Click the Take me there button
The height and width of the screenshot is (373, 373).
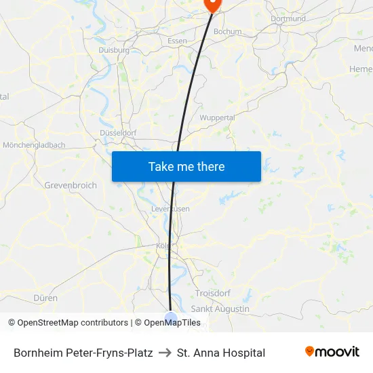click(x=186, y=167)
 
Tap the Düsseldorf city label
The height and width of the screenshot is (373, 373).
click(x=119, y=133)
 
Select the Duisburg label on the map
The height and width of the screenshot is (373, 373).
click(x=113, y=50)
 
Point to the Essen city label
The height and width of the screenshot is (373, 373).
click(x=177, y=41)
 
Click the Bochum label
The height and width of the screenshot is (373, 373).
click(x=227, y=32)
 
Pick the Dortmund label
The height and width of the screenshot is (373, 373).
click(x=288, y=19)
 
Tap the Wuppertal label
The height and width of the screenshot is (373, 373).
click(x=217, y=117)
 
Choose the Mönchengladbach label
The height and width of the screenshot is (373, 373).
click(x=34, y=145)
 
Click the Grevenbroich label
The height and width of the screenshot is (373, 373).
click(x=71, y=185)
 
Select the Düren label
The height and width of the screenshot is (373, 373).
click(x=45, y=298)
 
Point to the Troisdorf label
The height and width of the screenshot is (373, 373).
click(x=213, y=293)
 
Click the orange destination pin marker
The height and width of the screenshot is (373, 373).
click(x=212, y=5)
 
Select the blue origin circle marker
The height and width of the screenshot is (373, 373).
click(x=171, y=317)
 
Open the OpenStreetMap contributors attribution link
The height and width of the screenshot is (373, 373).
click(x=72, y=323)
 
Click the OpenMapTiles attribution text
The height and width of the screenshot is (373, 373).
click(x=172, y=323)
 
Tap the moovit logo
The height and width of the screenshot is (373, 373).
click(x=332, y=352)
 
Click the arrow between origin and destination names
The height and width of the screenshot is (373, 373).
click(x=165, y=353)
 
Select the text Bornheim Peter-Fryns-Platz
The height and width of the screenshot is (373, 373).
click(x=83, y=353)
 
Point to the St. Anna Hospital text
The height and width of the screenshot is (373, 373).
click(x=220, y=353)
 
